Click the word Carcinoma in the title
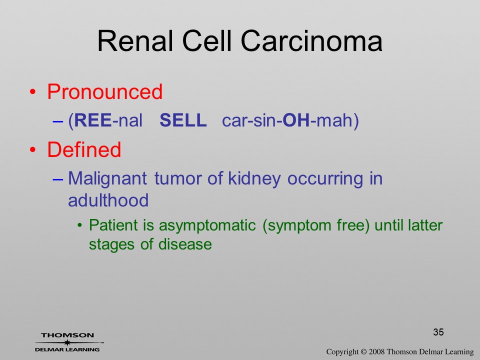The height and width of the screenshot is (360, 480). click(x=311, y=41)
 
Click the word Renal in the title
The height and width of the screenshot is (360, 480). click(x=135, y=41)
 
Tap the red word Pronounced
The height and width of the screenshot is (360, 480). click(x=104, y=92)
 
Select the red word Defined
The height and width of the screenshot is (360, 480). click(x=84, y=149)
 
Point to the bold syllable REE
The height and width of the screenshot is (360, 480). click(x=93, y=120)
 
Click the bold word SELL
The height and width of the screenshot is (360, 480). click(x=183, y=120)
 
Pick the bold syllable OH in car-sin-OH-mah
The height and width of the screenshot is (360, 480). click(x=296, y=120)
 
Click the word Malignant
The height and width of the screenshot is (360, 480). click(x=107, y=179)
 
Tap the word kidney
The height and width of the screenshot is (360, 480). click(x=254, y=179)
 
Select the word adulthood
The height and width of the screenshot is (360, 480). click(x=108, y=200)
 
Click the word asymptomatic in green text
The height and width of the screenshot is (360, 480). click(x=207, y=226)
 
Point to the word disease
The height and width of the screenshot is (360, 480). click(x=185, y=244)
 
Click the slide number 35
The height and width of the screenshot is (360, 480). click(x=438, y=332)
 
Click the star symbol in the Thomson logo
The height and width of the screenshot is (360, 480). click(x=67, y=342)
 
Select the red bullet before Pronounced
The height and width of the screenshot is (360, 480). click(x=33, y=92)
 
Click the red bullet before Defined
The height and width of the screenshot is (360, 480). click(x=33, y=149)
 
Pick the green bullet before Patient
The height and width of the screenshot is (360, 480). click(x=80, y=226)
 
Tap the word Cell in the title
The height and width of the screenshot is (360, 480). click(x=207, y=41)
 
